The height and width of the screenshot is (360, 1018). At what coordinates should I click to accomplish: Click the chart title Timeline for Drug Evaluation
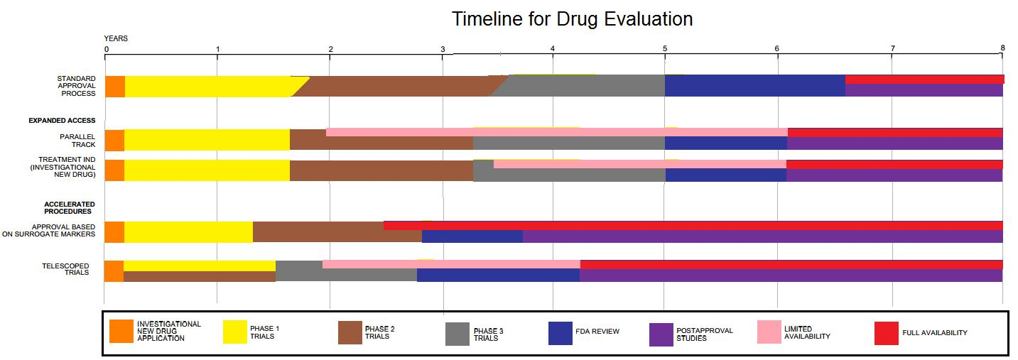572,19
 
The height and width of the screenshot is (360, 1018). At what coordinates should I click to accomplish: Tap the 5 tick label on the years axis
665,48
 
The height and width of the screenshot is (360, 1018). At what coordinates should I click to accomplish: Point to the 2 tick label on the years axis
330,48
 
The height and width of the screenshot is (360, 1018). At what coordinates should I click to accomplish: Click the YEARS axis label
116,38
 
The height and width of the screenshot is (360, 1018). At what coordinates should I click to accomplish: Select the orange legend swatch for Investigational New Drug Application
121,332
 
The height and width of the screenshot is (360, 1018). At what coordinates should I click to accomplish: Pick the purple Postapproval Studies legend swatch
661,334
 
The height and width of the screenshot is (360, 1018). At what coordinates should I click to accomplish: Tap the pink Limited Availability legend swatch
770,332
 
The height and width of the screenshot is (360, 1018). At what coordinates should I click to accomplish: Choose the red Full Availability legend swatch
886,333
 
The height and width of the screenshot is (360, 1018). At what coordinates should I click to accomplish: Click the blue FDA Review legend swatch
561,333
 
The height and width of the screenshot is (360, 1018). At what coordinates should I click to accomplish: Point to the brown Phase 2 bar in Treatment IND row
381,170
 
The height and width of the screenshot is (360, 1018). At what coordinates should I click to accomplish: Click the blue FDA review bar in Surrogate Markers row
472,236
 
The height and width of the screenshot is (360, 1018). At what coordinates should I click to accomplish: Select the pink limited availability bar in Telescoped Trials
451,264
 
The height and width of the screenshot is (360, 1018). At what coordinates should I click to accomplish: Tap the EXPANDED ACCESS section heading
62,121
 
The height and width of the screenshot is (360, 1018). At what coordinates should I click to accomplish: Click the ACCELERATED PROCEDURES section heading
69,207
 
